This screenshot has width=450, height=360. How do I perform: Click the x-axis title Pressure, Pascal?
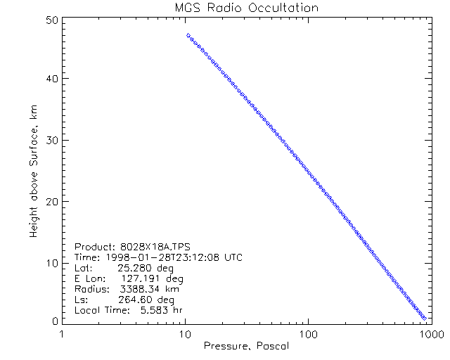246,346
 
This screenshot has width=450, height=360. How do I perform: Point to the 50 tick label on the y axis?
50,20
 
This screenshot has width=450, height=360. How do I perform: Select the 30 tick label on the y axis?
50,140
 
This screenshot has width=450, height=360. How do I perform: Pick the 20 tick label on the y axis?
50,201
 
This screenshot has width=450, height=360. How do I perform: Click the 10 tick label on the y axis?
50,262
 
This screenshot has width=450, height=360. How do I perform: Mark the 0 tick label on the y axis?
53,321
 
